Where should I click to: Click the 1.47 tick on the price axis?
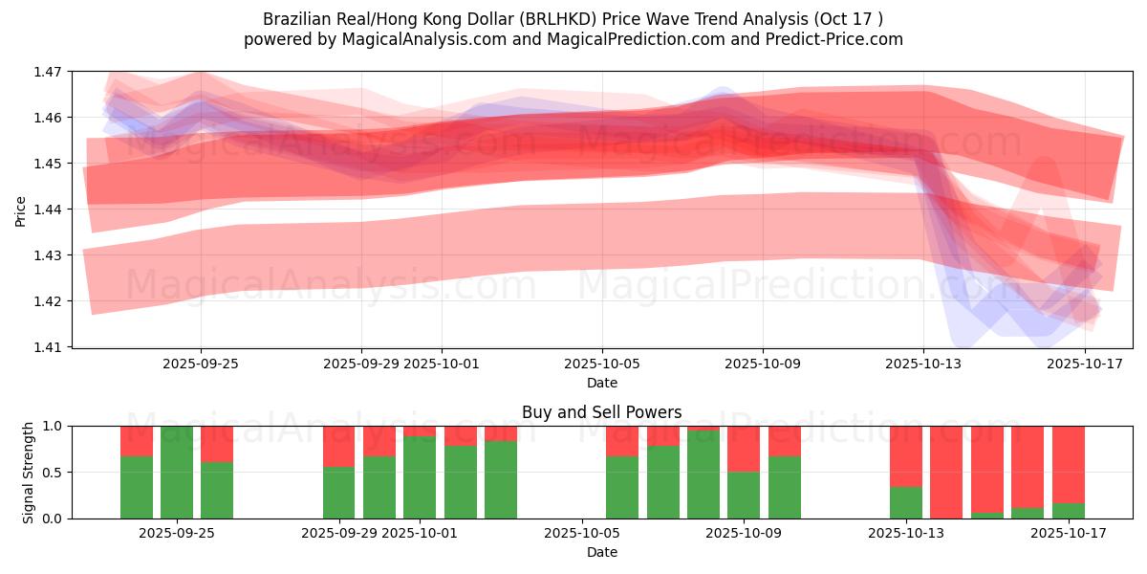click(49, 72)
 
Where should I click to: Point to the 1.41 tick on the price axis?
click(49, 347)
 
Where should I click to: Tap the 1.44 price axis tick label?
click(49, 210)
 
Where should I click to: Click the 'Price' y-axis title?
click(20, 210)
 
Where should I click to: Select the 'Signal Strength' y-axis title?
click(28, 472)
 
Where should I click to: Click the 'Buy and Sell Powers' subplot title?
click(601, 412)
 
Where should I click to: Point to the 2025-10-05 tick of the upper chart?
click(601, 364)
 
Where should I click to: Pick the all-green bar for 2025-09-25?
click(177, 473)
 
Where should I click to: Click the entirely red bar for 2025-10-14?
click(946, 473)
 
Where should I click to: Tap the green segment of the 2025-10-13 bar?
click(905, 502)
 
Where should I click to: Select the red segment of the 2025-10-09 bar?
click(744, 449)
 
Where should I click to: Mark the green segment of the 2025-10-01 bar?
click(420, 477)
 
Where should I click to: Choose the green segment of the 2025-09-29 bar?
click(339, 493)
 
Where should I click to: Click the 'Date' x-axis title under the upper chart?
click(601, 383)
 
